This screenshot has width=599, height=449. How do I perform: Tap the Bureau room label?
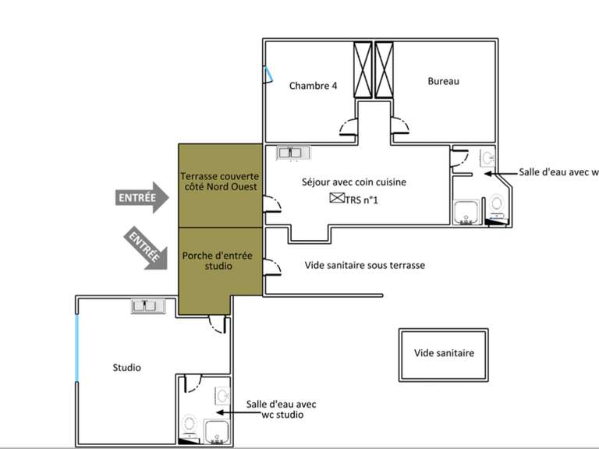(x=443, y=81)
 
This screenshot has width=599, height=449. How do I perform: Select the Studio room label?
(x=126, y=367)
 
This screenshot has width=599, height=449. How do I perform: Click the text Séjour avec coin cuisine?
(x=354, y=182)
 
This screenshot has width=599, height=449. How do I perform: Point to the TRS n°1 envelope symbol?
(x=336, y=199)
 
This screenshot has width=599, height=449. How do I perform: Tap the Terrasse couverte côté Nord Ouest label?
(x=219, y=182)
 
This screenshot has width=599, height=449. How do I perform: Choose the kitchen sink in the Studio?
(x=148, y=306)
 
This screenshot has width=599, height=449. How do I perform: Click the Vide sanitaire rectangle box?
(x=445, y=353)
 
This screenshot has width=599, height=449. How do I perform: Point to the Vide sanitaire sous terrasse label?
(x=364, y=265)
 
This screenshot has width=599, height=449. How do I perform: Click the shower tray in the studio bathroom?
(x=215, y=430)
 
